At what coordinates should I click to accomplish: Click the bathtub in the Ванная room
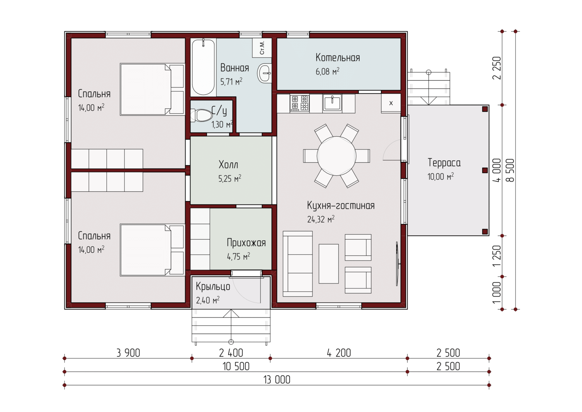click(203, 67)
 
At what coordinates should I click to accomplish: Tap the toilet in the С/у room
click(202, 115)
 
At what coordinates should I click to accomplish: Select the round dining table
click(336, 156)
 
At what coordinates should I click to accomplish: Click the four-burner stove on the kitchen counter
click(300, 103)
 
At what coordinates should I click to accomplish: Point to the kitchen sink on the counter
click(332, 103)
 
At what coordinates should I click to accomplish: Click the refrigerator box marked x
click(391, 103)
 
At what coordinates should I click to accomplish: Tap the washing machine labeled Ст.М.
click(262, 48)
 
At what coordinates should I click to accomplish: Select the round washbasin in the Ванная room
click(265, 73)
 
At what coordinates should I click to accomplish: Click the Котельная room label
click(338, 58)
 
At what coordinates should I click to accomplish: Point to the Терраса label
click(444, 163)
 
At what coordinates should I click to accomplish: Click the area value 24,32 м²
click(320, 219)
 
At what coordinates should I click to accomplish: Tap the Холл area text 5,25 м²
click(230, 178)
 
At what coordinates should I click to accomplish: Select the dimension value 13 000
click(277, 380)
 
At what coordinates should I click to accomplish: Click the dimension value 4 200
click(339, 353)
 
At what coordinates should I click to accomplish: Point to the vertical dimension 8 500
click(511, 170)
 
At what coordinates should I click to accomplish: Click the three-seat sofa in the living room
click(298, 264)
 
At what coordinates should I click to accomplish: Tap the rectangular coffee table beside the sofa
click(329, 264)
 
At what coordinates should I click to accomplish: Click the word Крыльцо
click(213, 286)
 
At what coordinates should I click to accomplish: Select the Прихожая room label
click(246, 243)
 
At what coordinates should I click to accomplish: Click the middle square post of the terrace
click(485, 170)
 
